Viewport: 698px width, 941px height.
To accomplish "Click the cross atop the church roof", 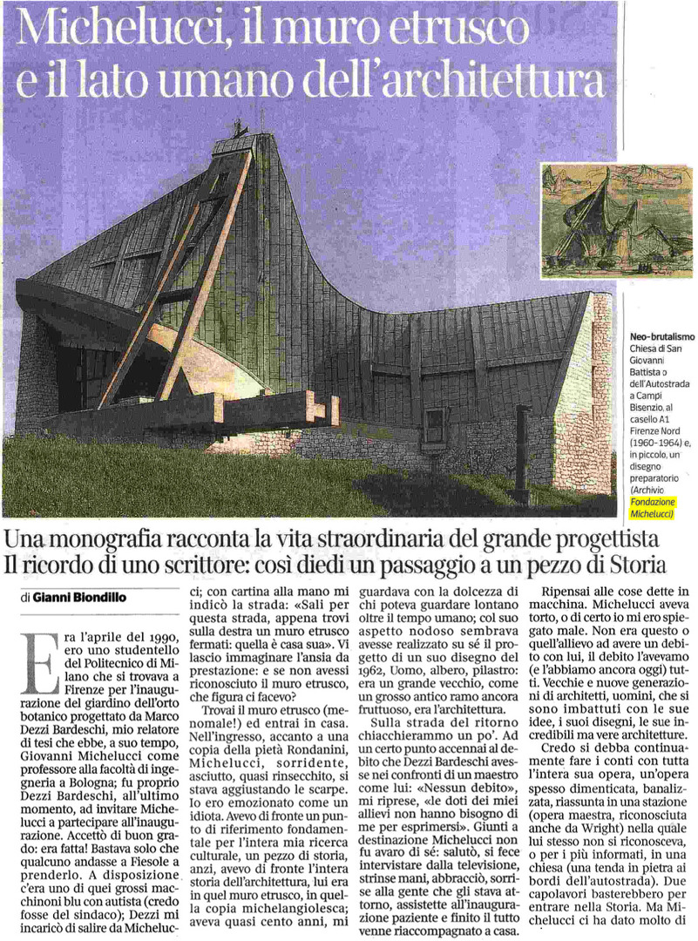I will click(x=261, y=117).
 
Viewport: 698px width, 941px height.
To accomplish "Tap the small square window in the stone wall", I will click(x=434, y=424).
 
